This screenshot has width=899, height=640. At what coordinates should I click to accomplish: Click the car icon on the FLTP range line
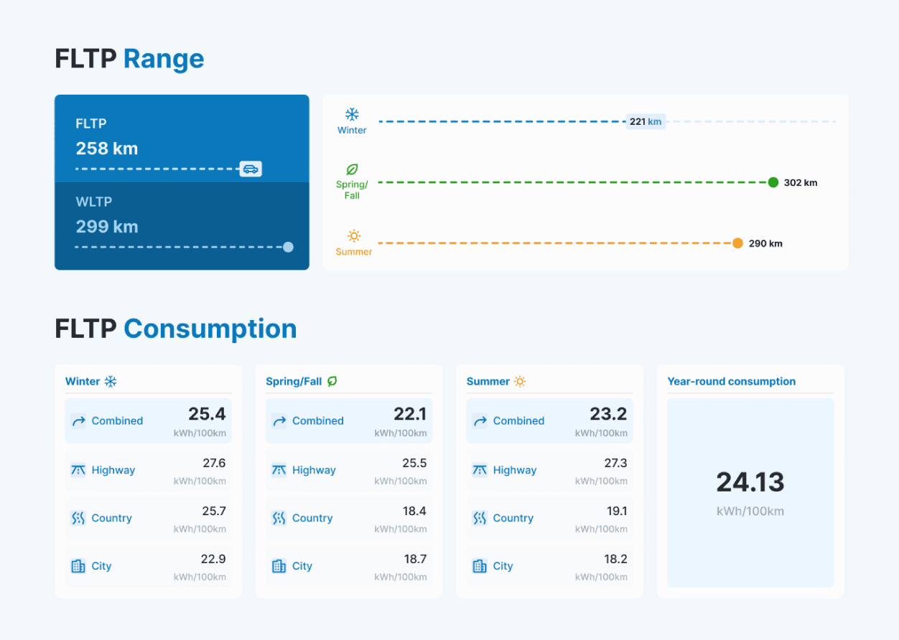251,169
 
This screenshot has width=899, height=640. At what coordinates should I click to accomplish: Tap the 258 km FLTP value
107,149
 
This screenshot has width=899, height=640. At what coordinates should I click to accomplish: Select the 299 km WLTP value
107,227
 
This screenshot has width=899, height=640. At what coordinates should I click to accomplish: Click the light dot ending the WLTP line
288,247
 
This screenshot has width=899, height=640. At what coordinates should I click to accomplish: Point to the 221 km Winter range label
646,122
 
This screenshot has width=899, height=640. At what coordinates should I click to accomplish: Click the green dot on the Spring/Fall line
773,182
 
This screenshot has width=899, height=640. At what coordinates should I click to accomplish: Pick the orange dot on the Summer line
737,243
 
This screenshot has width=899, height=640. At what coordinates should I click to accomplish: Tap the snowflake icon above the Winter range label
352,115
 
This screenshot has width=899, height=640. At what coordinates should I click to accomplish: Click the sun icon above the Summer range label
354,236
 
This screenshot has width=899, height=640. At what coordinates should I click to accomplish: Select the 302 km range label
801,182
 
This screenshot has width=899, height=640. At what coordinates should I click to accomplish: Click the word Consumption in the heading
210,329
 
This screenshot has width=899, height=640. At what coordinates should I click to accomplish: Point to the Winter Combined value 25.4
207,414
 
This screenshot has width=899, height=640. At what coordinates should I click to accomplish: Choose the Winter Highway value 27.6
214,463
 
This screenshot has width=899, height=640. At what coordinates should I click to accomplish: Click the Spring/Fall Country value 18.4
414,512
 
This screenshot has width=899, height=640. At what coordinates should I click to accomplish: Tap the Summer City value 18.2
615,559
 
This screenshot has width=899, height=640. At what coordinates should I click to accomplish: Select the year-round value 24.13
750,482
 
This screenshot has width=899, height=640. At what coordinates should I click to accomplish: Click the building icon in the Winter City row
78,566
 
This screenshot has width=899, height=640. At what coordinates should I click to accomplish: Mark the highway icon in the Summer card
480,470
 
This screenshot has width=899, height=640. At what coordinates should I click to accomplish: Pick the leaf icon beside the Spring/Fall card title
332,382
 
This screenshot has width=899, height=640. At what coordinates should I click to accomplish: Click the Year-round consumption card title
731,382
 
